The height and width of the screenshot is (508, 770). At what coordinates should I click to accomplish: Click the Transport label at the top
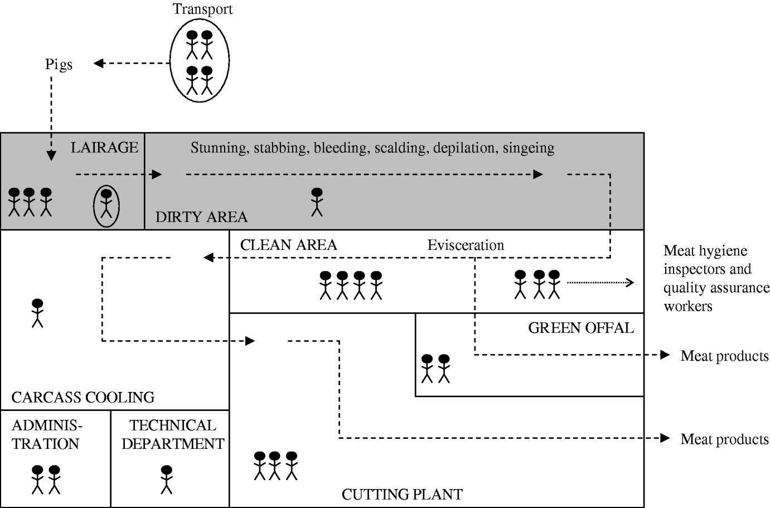[x=202, y=9]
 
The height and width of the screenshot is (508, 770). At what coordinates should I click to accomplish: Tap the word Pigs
[x=59, y=65]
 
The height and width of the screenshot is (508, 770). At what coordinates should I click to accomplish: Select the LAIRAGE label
[x=104, y=148]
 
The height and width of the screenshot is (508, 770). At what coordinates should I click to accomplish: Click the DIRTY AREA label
[x=201, y=217]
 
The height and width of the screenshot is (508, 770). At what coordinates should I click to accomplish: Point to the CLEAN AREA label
[x=288, y=245]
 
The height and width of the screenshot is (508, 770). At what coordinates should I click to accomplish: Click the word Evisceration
[x=466, y=245]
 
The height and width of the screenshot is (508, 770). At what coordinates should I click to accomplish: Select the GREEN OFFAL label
[x=580, y=328]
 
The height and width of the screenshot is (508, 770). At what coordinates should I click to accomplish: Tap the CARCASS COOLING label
[x=83, y=398]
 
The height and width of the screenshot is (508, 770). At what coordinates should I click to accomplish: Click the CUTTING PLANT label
[x=401, y=494]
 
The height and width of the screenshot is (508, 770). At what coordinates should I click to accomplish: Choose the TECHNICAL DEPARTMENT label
[x=173, y=435]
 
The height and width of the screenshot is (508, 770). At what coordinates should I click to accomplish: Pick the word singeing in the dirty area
[x=529, y=148]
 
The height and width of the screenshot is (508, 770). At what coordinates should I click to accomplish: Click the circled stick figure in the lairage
[x=106, y=205]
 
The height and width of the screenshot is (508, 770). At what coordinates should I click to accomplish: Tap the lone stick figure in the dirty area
[x=317, y=202]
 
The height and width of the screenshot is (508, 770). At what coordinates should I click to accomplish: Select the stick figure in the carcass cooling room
[x=37, y=313]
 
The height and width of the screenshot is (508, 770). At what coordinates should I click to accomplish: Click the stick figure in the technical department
[x=166, y=479]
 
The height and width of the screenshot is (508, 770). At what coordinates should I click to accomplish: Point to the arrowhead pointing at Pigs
[x=99, y=64]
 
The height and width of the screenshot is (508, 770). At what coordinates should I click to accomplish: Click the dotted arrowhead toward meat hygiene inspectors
[x=630, y=283]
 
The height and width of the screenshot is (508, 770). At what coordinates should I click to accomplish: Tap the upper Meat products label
[x=724, y=356]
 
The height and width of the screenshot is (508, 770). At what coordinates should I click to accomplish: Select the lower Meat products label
[x=724, y=439]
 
